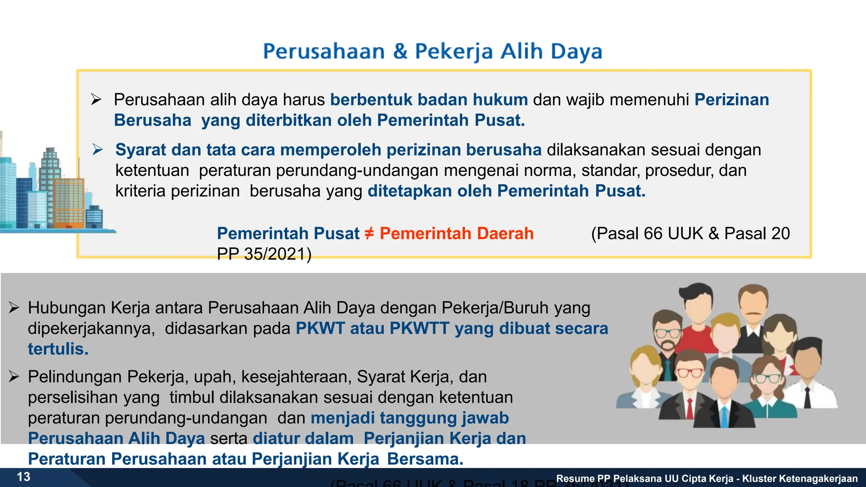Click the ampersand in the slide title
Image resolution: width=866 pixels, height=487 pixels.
point(400,52)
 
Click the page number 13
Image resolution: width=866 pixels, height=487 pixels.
point(24,477)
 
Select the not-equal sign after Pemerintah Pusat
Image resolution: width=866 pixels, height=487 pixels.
point(369,233)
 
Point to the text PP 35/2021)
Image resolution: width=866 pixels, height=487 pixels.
point(264,254)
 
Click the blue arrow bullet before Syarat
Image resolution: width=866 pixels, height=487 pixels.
point(98,150)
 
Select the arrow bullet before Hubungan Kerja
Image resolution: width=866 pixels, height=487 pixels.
point(14,308)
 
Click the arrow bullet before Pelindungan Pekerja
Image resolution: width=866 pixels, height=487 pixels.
point(14,377)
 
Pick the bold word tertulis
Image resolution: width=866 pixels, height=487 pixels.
point(58,349)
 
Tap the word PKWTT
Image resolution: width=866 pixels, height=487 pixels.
point(419,328)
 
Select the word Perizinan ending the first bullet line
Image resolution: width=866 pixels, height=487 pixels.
point(732,100)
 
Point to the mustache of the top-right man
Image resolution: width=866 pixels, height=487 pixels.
point(753,313)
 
